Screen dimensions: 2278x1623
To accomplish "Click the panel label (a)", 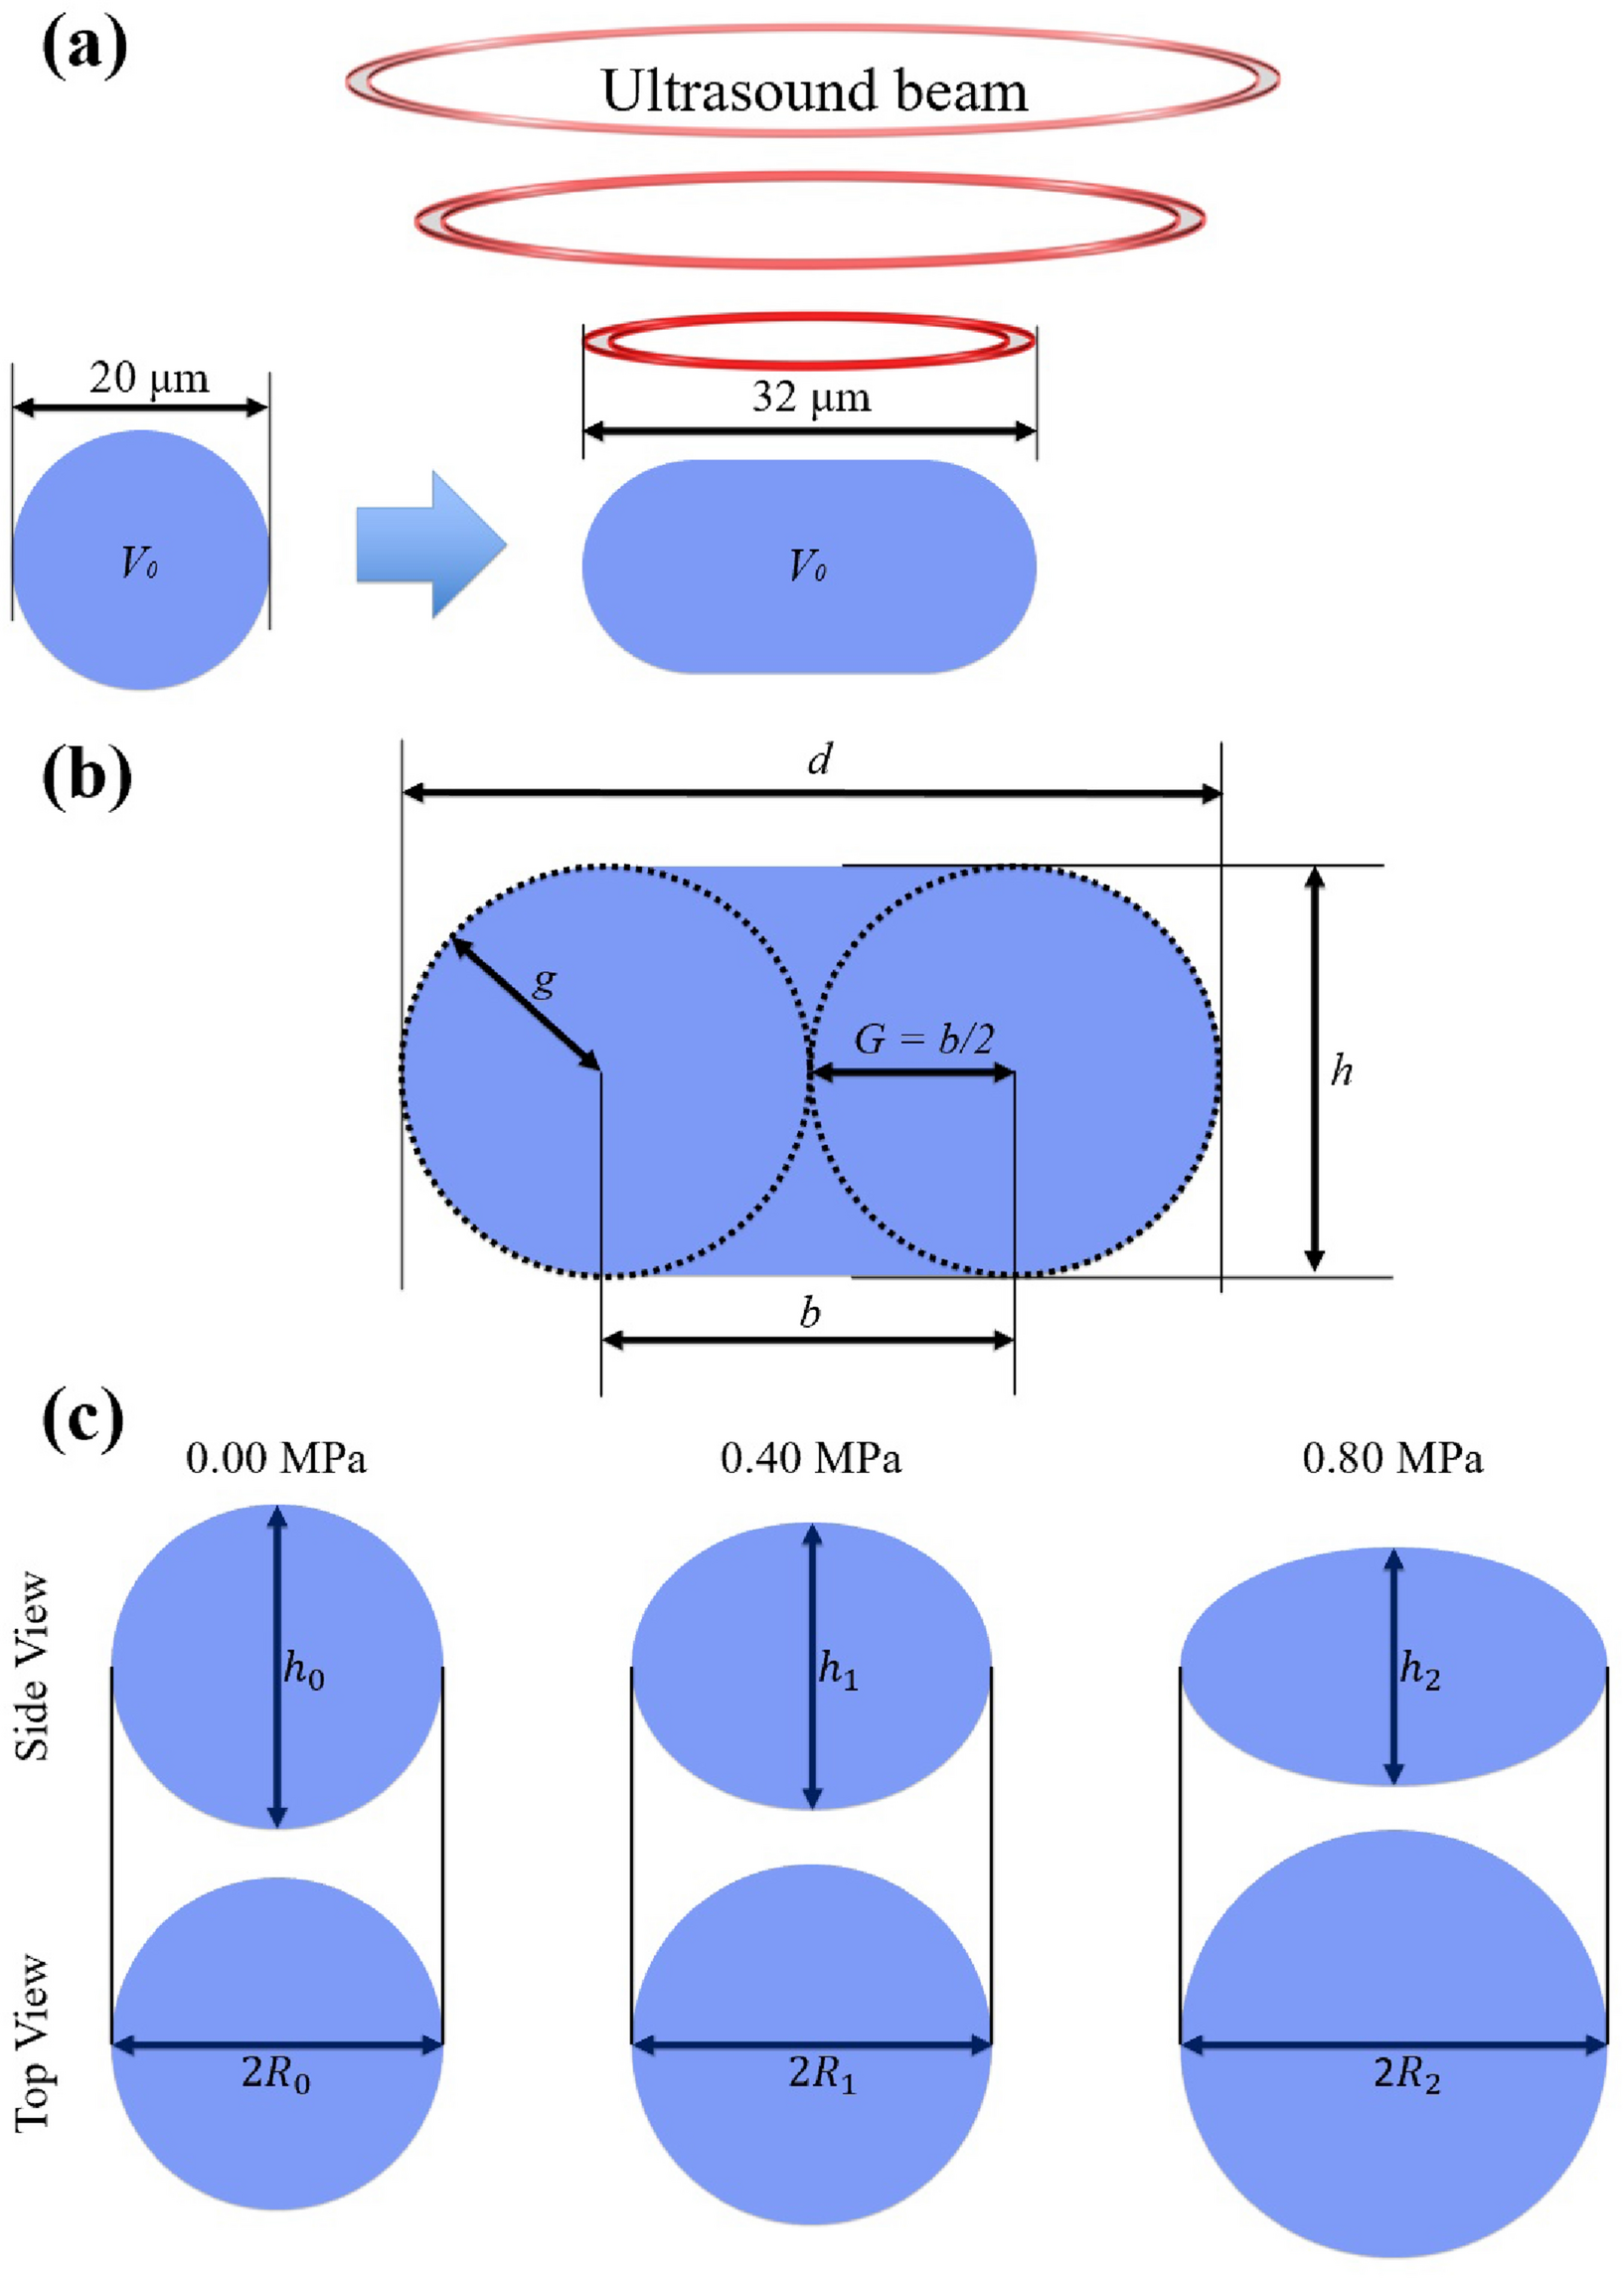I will coord(84,48).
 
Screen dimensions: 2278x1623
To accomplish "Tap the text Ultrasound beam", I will coord(814,90).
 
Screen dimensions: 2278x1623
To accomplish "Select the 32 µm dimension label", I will coord(810,397).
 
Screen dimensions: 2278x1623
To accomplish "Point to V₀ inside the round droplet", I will coord(139,564).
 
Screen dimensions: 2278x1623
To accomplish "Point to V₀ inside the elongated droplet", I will coord(807,567).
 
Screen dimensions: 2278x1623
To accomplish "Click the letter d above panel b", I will coord(819,760).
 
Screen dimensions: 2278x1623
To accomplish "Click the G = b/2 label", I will coord(923,1039).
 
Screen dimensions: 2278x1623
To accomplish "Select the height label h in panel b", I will coord(1341,1070).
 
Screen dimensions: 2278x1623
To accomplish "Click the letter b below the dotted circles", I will coord(809,1312).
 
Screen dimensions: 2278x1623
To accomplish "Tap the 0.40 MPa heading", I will coord(810,1459).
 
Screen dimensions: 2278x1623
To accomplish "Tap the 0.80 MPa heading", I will coord(1392,1459).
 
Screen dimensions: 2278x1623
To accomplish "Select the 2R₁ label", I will coord(822,2074).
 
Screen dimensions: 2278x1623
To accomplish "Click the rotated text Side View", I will coord(32,1666).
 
